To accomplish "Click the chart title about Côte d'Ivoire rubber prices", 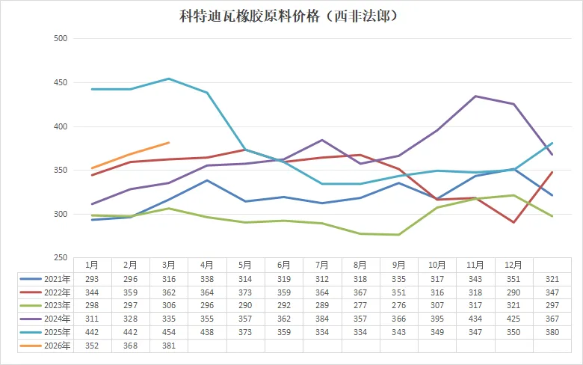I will tap(289, 16).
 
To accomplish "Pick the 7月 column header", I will tap(322, 264).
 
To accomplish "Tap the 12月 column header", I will tap(513, 264).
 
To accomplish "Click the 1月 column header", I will tap(91, 264).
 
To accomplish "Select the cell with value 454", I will tap(169, 331).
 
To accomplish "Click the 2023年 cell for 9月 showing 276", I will tap(398, 304).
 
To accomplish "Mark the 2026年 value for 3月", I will tap(169, 346).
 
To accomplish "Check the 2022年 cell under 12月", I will tap(513, 291).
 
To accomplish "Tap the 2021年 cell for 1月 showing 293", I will tap(91, 277).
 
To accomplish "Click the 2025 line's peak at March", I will tap(169, 79).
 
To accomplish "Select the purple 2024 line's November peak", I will tap(475, 96).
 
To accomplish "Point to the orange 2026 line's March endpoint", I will tap(169, 142).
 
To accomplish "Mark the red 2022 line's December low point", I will tap(513, 222).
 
